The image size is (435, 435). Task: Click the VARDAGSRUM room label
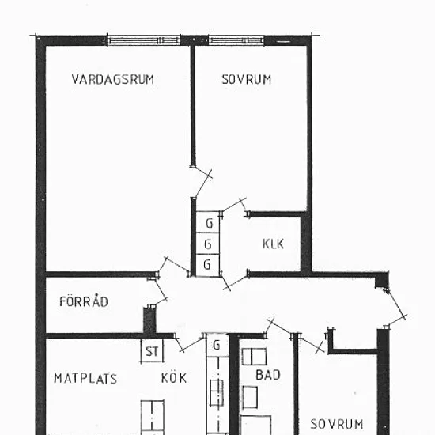[x=112, y=79]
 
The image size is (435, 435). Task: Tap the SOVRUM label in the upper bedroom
[x=246, y=79]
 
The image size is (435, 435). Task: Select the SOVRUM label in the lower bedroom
[x=336, y=424]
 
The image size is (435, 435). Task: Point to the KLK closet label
[x=273, y=244]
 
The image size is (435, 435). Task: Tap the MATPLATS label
[x=85, y=378]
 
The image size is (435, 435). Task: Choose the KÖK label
[x=174, y=376]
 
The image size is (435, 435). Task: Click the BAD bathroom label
[x=267, y=375]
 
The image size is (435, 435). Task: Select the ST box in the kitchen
[x=152, y=351]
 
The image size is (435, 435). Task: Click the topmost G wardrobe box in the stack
[x=208, y=222]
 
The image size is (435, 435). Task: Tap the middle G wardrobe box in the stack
[x=208, y=244]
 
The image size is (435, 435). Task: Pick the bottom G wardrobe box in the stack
[x=208, y=265]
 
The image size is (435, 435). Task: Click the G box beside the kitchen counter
[x=217, y=345]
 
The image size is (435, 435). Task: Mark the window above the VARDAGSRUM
[x=143, y=40]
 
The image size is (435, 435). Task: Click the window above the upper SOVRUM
[x=236, y=40]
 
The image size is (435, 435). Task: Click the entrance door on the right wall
[x=396, y=308]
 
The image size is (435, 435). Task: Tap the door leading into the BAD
[x=279, y=327]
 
